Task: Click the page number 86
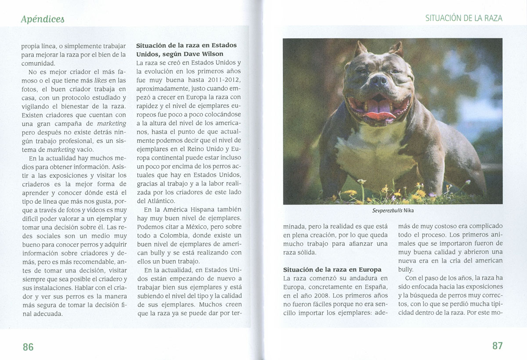coord(28,347)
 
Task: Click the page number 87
coord(497,346)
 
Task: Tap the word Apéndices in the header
coord(43,19)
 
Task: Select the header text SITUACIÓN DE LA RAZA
coord(464,18)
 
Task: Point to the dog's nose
coord(378,80)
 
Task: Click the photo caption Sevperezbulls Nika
coord(393,210)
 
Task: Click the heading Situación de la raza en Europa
coord(332,269)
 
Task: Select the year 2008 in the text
coord(328,295)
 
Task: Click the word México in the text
coord(188,227)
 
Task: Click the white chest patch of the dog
coord(373,154)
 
